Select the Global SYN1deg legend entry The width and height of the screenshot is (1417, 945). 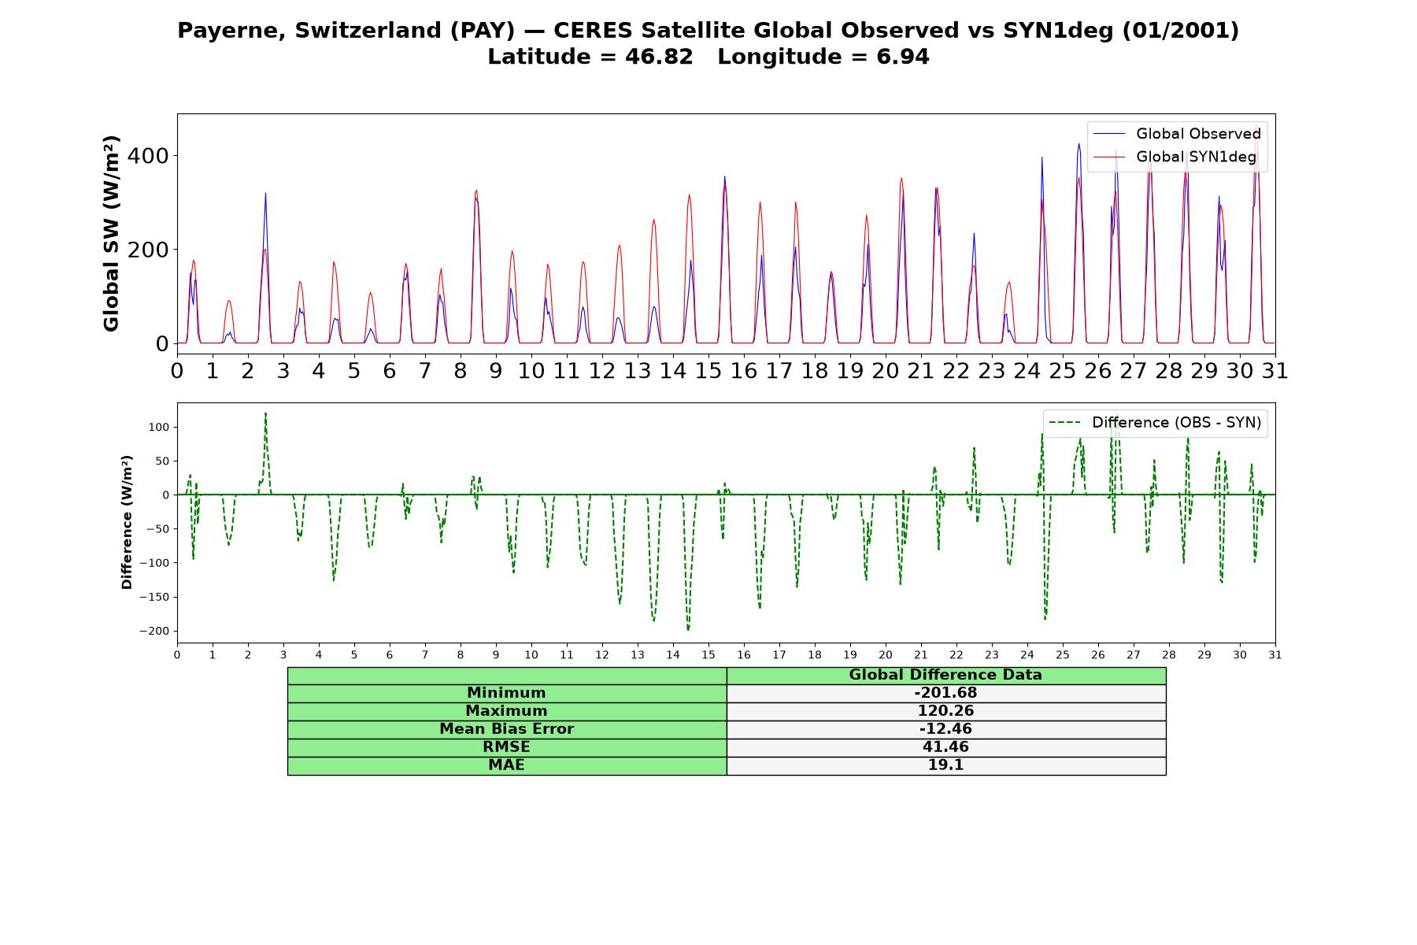point(1175,157)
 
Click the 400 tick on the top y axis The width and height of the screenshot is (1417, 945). point(148,156)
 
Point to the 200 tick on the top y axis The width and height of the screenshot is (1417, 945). point(148,250)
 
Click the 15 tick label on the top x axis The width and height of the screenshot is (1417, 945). point(708,370)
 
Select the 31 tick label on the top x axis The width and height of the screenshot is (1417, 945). point(1275,370)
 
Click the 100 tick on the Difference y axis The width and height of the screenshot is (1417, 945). point(160,427)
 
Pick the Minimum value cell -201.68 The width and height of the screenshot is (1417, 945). point(945,693)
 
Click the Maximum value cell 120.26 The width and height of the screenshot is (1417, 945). point(945,711)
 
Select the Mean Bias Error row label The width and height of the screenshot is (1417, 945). point(506,729)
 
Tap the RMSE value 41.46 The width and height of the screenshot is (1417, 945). point(945,747)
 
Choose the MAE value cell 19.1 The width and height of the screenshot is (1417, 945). point(945,765)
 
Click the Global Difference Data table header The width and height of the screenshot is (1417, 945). point(945,675)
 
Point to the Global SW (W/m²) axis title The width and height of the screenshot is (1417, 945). point(111,233)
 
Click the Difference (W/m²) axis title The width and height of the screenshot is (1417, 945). point(127,522)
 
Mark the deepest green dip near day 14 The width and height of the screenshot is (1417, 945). point(688,629)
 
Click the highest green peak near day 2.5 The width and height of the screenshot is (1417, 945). point(265,413)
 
